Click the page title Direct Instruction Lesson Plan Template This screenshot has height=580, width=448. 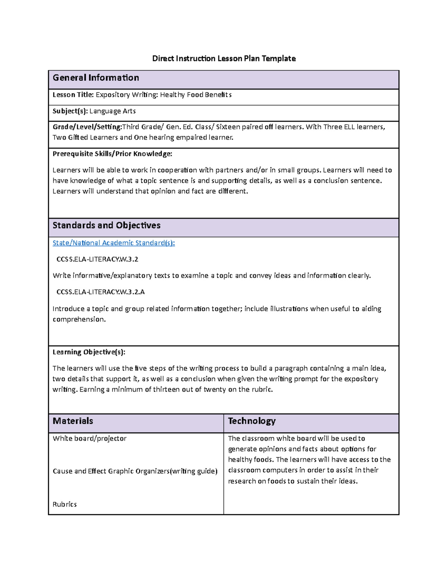pyautogui.click(x=224, y=59)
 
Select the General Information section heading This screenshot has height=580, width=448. pyautogui.click(x=96, y=78)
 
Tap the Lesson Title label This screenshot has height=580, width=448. pyautogui.click(x=73, y=95)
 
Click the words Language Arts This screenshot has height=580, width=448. pyautogui.click(x=112, y=111)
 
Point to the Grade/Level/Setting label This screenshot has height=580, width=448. pyautogui.click(x=87, y=127)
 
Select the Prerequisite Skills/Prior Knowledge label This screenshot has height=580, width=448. pyautogui.click(x=112, y=154)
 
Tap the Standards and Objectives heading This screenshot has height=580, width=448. pyautogui.click(x=106, y=226)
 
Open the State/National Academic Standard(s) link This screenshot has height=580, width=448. pyautogui.click(x=113, y=243)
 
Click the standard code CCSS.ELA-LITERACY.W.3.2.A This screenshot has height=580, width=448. pyautogui.click(x=100, y=292)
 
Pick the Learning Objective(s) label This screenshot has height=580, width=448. pyautogui.click(x=89, y=352)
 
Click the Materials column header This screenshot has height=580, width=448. pyautogui.click(x=73, y=421)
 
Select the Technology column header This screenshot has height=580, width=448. pyautogui.click(x=252, y=421)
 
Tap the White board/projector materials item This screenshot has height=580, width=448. pyautogui.click(x=89, y=438)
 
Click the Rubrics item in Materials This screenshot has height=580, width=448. pyautogui.click(x=65, y=505)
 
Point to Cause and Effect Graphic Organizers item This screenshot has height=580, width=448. pyautogui.click(x=135, y=471)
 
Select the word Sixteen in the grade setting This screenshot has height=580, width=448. pyautogui.click(x=228, y=127)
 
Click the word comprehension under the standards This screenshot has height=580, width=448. pyautogui.click(x=79, y=320)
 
